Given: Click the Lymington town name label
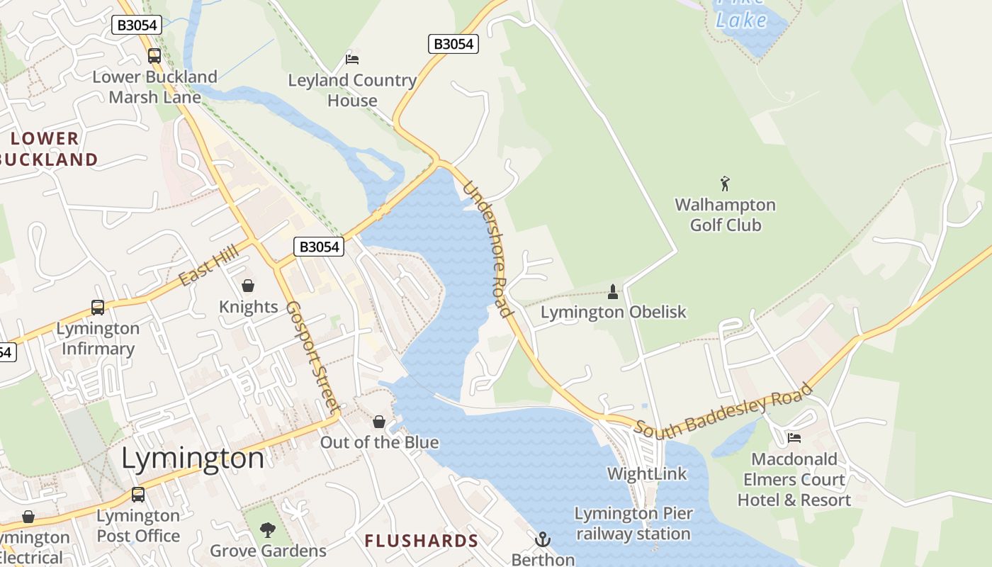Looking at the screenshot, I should pos(193,459).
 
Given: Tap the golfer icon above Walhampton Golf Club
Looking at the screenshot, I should pos(725,184).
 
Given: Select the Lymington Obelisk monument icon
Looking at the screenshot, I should pos(613,291).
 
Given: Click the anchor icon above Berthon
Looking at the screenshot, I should pos(542,539).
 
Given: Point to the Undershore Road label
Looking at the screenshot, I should pos(487,249).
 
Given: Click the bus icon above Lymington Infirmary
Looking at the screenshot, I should pos(98,308).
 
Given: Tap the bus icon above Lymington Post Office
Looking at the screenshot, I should pos(138,495).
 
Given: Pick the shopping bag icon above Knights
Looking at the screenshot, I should pos(248,286).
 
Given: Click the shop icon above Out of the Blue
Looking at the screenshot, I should pos(379,422).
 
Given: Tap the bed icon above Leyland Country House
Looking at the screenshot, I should pos(352,59).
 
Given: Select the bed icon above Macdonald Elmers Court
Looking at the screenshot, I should pos(794,438).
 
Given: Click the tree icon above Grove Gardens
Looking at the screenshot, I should pos(268,529).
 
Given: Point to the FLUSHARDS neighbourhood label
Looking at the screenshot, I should pos(422,541).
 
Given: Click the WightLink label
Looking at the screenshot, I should pos(647,473).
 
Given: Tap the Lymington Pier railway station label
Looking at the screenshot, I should pos(633,523).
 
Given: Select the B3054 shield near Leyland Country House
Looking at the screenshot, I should pos(453,44).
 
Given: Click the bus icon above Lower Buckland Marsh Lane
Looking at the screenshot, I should pos(154,55).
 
